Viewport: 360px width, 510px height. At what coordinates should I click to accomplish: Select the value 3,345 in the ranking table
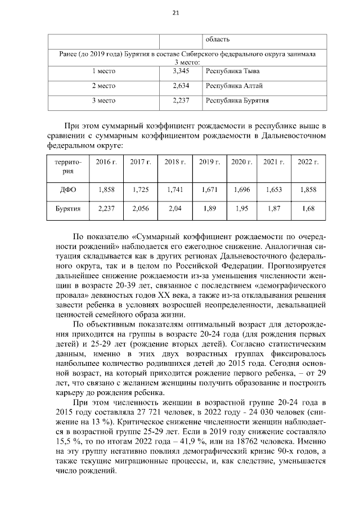click(181, 71)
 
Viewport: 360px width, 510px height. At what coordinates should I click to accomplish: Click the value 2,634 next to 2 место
click(181, 86)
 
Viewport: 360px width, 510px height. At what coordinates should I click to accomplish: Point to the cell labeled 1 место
click(103, 71)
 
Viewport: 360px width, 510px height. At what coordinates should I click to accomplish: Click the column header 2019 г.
click(209, 162)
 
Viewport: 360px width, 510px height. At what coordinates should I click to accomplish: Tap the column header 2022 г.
click(308, 162)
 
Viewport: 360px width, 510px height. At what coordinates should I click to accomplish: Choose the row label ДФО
click(67, 190)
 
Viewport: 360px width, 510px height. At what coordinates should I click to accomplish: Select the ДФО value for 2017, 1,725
click(141, 190)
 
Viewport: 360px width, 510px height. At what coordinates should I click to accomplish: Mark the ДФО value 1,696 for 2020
click(242, 190)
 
